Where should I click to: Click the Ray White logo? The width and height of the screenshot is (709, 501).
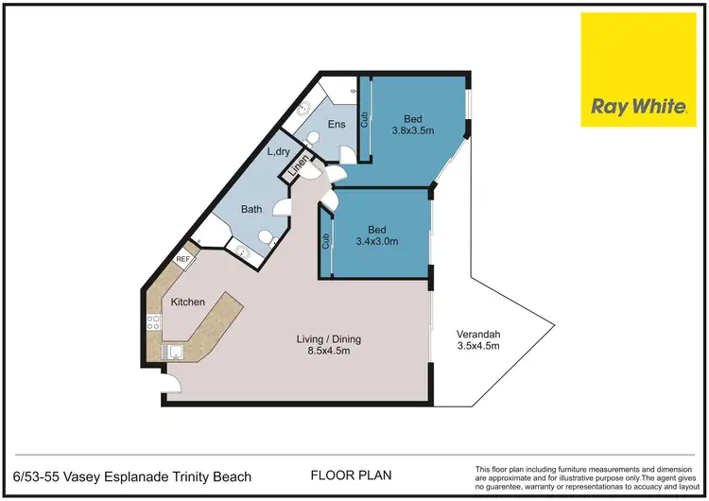(x=639, y=70)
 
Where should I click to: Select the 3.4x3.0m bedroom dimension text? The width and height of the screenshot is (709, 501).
(x=375, y=241)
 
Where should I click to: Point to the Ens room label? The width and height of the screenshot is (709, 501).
(x=337, y=125)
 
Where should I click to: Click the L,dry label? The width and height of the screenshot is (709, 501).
(x=279, y=151)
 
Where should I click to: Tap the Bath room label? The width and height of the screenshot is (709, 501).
(x=251, y=209)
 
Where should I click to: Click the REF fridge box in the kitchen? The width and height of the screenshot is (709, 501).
(x=183, y=258)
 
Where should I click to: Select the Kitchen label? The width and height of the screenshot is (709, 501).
(x=188, y=302)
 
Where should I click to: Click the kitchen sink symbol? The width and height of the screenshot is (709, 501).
(x=174, y=353)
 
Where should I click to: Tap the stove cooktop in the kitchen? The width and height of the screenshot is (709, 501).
(x=153, y=322)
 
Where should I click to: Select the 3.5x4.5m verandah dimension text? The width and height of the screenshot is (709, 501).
(x=477, y=347)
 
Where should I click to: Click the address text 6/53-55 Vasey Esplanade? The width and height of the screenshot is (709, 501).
(x=131, y=476)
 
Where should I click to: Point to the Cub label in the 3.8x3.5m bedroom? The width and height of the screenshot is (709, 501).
(x=364, y=120)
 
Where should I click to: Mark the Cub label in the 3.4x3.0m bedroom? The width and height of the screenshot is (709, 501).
(x=325, y=242)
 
